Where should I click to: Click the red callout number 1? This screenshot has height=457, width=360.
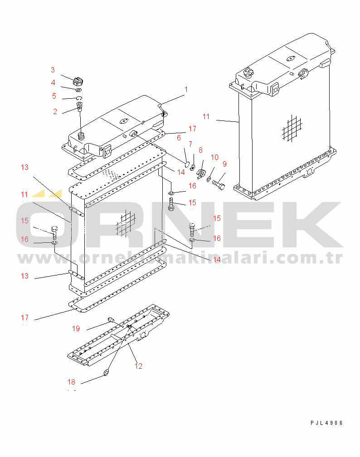(x=186, y=90)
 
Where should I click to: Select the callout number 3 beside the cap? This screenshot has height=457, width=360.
(x=53, y=70)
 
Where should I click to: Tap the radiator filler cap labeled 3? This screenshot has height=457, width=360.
(x=78, y=81)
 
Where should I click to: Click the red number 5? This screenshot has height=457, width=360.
(x=54, y=96)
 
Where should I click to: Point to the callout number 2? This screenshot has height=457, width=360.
(x=55, y=111)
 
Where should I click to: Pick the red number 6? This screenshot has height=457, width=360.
(x=179, y=138)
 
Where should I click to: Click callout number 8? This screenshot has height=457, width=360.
(x=200, y=150)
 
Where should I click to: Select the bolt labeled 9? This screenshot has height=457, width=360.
(x=219, y=183)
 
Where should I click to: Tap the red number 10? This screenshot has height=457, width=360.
(x=215, y=157)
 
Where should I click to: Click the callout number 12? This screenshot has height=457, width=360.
(x=139, y=366)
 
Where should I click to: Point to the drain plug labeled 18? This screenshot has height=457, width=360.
(x=107, y=372)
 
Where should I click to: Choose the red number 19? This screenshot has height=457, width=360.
(x=76, y=329)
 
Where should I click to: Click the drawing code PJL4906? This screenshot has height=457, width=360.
(x=327, y=423)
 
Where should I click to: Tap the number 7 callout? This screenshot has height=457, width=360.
(x=190, y=144)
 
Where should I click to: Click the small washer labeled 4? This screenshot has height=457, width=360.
(x=78, y=90)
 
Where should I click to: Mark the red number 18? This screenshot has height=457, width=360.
(x=72, y=382)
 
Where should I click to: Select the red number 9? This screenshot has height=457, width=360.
(x=224, y=164)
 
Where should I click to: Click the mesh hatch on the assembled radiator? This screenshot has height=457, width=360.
(x=292, y=128)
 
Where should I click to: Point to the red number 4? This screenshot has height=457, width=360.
(x=53, y=83)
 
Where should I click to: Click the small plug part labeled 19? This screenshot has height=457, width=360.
(x=111, y=320)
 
